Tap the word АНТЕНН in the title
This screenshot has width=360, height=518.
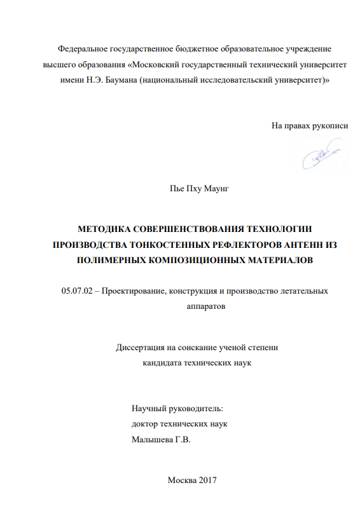[292, 244]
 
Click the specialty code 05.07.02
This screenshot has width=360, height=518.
[76, 290]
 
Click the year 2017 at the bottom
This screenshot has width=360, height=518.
[207, 481]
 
